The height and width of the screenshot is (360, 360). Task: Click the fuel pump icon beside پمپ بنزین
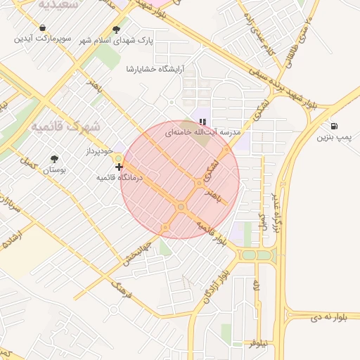coord(332,126)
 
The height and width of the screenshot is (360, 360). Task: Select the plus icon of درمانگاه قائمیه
coord(120,167)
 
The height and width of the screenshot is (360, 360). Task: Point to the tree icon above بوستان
coord(55,159)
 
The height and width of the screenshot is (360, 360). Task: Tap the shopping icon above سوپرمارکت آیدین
coord(43,28)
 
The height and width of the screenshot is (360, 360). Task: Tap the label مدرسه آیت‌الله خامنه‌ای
coord(203,131)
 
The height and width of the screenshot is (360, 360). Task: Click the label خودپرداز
coord(99,150)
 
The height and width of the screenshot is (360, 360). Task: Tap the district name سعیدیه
coord(54,5)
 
